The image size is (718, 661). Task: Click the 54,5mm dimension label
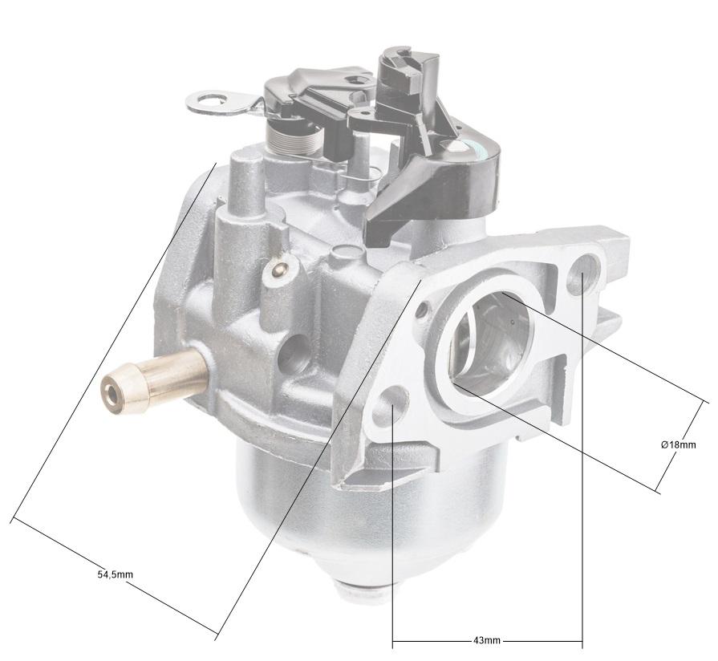click(115, 574)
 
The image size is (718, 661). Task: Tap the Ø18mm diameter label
click(678, 444)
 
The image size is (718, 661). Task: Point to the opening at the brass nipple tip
click(110, 392)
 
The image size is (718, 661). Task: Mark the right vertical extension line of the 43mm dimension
click(582, 481)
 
